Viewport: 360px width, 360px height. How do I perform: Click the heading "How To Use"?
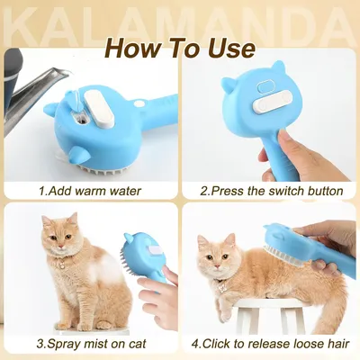pyautogui.click(x=180, y=47)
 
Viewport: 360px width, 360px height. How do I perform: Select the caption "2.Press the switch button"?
pyautogui.click(x=271, y=191)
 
